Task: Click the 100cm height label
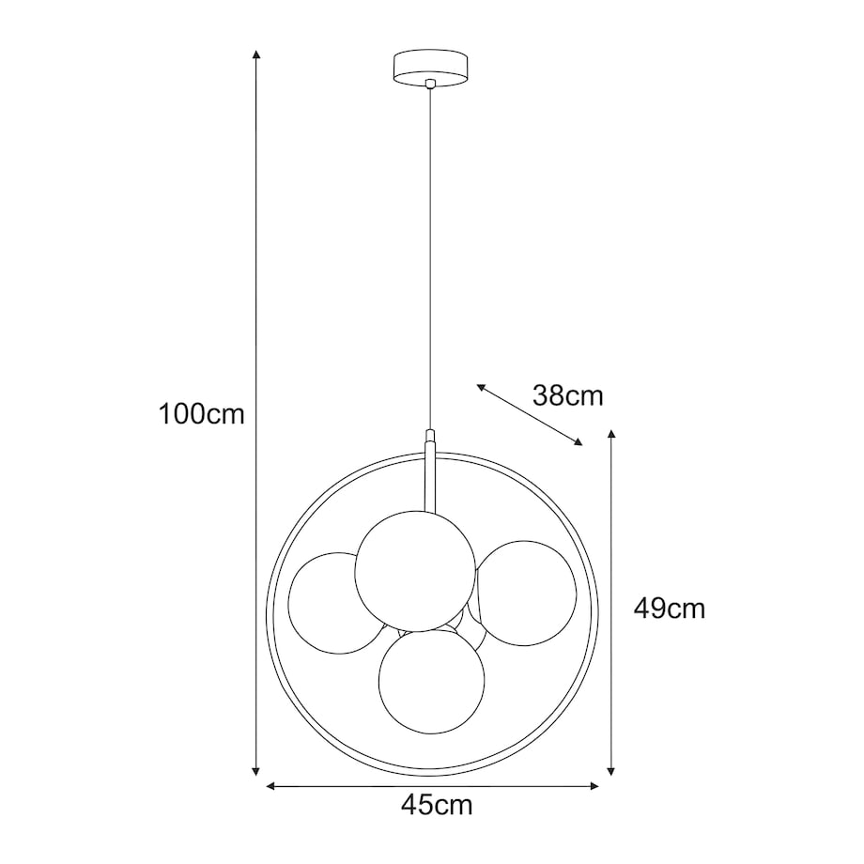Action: point(202,413)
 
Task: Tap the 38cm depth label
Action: point(567,395)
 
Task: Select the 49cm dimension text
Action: point(669,609)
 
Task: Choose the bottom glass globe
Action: point(431,680)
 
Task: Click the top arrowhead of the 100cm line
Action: point(256,55)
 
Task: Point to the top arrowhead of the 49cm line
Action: point(612,436)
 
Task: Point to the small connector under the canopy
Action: point(430,85)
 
